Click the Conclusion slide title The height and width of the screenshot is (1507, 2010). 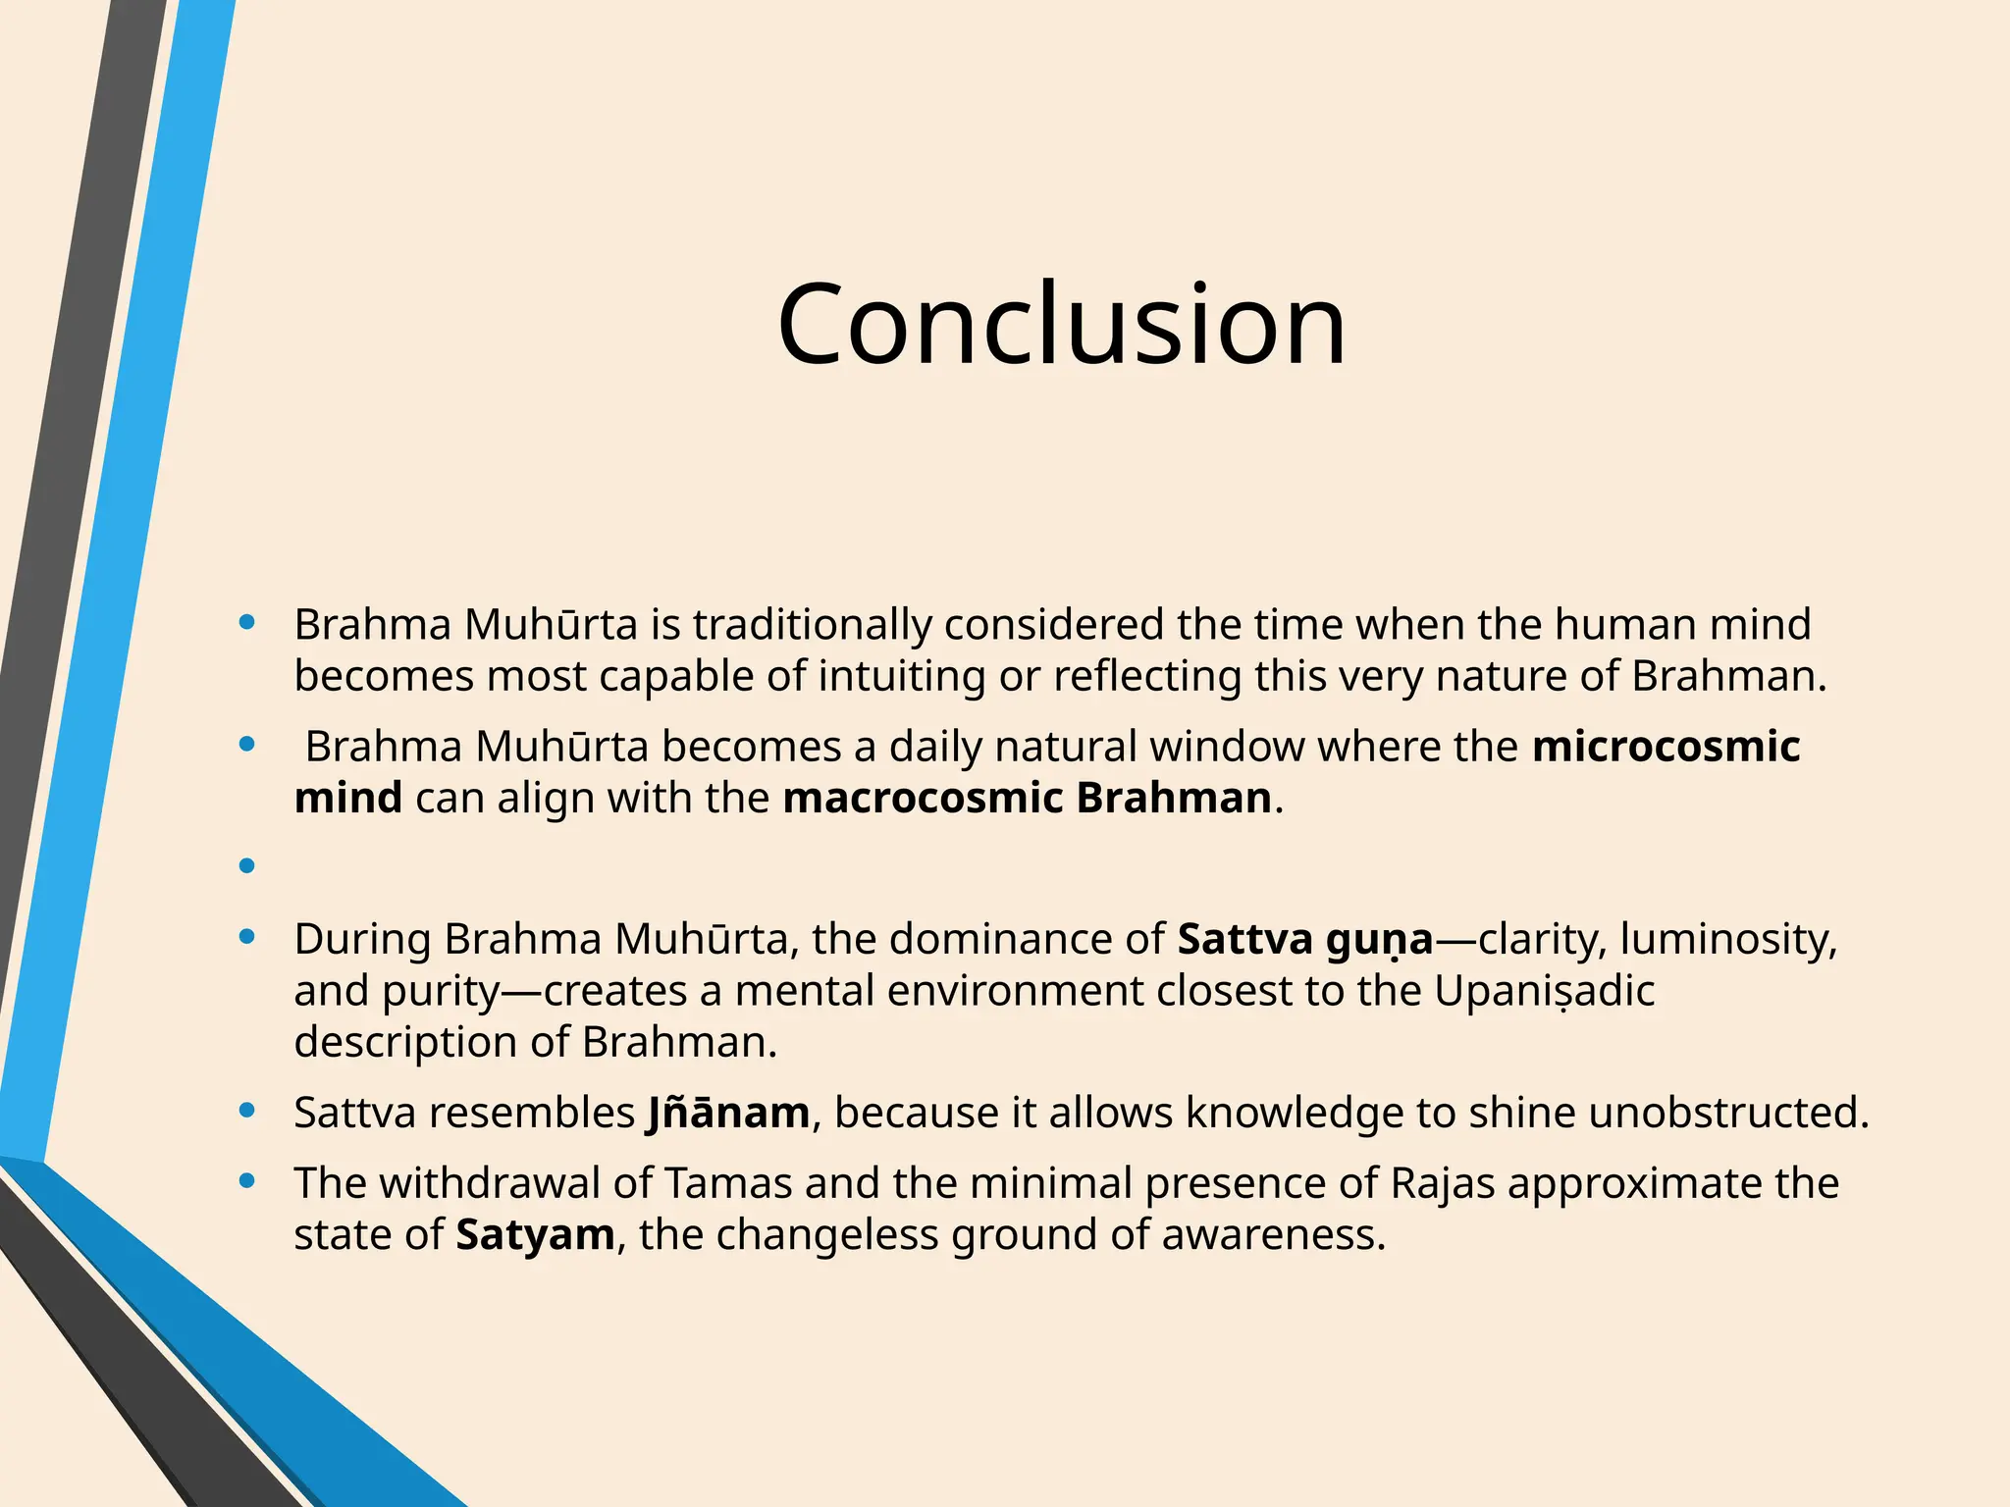1061,324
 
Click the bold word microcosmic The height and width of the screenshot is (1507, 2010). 1666,747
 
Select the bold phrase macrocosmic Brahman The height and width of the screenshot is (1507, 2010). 1027,798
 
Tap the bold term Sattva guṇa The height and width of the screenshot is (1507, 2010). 1305,940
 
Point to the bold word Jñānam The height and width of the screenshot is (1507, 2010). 728,1113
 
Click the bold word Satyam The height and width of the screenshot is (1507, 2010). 535,1234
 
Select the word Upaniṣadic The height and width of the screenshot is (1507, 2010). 1544,991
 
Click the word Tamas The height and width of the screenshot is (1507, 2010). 728,1183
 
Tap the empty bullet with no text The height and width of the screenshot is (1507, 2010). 247,865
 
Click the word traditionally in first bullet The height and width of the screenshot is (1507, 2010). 812,625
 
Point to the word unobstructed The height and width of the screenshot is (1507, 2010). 1728,1113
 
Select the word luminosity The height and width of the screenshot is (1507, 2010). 1727,940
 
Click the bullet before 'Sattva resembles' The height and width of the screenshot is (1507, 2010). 247,1111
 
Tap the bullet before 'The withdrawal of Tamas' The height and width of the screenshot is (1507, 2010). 247,1181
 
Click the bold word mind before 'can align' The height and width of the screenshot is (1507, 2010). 347,798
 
